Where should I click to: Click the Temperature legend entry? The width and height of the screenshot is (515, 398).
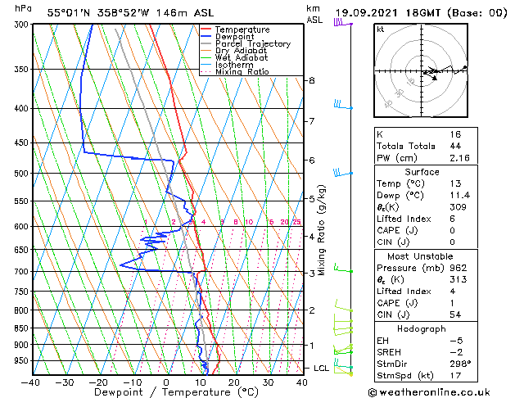242,29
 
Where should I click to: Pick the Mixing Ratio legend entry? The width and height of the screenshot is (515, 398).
242,72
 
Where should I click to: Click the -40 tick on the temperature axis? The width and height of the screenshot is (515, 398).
30,382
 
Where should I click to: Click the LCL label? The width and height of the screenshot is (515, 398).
321,369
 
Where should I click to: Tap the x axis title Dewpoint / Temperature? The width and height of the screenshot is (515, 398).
167,392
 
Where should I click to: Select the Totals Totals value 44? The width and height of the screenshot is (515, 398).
455,146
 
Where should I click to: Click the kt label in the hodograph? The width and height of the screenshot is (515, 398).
381,29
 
